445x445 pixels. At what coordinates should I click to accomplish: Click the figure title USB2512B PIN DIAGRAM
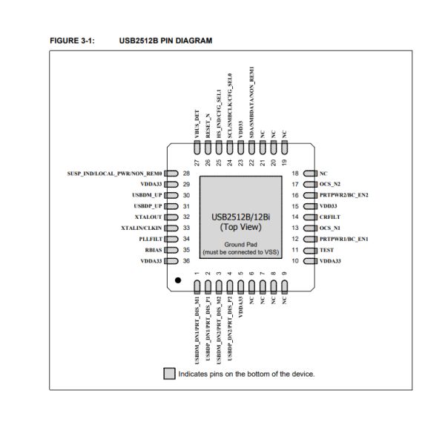165,41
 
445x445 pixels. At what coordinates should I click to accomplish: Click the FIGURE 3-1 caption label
72,41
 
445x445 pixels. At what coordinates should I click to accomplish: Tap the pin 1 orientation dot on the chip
178,280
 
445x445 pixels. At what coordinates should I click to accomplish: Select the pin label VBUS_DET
197,125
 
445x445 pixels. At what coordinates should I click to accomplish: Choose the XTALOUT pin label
145,217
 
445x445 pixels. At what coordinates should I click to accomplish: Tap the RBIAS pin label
149,250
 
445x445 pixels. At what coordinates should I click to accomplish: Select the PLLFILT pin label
146,239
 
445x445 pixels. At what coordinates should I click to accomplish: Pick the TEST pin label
327,250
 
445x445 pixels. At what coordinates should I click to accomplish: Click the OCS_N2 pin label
331,183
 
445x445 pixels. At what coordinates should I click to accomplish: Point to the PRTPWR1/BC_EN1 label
345,239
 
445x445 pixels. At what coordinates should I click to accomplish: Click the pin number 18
295,172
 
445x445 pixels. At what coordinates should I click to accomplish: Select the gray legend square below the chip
169,374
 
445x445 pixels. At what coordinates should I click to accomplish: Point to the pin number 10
295,261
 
